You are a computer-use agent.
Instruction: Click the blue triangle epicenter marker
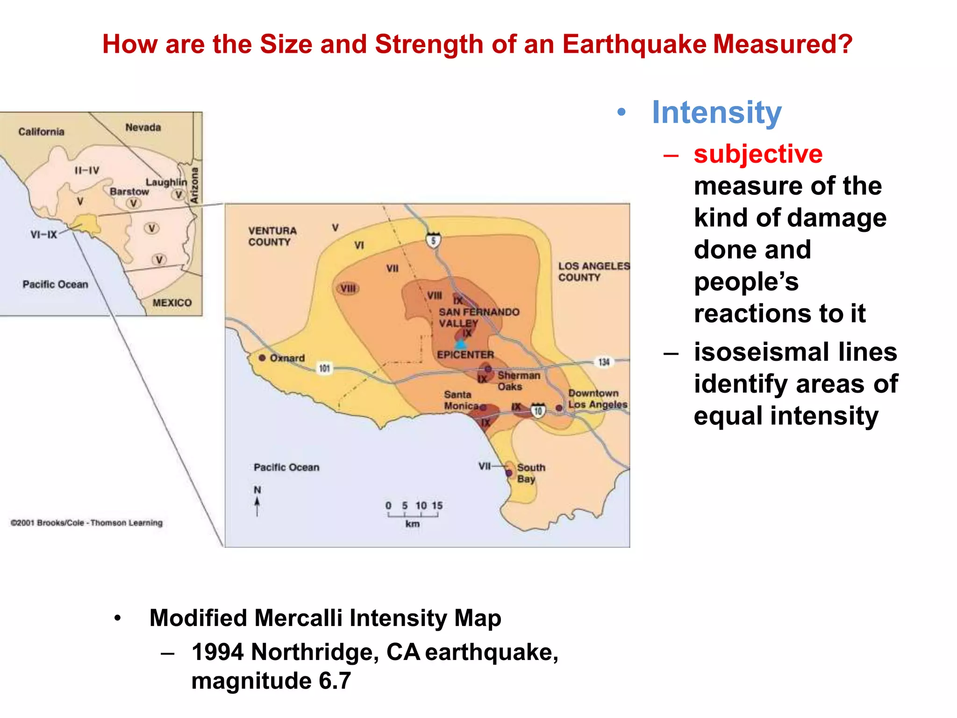point(461,345)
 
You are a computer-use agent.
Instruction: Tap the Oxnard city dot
point(262,358)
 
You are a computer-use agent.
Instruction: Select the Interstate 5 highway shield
point(433,240)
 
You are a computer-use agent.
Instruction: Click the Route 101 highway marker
point(324,368)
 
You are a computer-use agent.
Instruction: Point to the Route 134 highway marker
point(604,362)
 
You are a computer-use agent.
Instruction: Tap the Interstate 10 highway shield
point(538,410)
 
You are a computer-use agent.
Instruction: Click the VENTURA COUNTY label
point(272,236)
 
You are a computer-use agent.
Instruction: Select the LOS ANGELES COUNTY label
point(593,272)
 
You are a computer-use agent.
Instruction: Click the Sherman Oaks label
point(518,381)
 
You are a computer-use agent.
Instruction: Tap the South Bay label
point(530,473)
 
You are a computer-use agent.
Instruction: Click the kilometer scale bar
point(413,515)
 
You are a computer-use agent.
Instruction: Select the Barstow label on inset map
point(129,192)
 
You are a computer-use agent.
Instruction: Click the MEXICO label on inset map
point(172,303)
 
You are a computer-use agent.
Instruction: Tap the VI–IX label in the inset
point(43,235)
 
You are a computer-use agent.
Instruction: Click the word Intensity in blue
point(716,112)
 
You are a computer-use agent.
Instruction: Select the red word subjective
point(758,154)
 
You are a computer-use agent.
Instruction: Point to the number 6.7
point(335,681)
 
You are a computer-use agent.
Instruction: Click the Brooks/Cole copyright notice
point(87,523)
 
